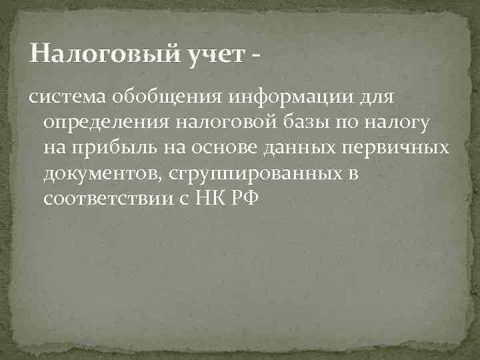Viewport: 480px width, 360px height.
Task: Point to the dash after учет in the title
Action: coord(257,55)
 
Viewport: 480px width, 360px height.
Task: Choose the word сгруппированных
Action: coord(247,173)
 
